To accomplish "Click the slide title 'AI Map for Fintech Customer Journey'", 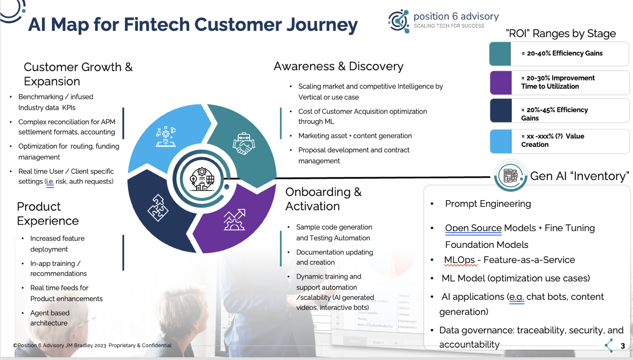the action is [x=193, y=25].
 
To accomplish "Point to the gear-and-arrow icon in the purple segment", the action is [x=234, y=219].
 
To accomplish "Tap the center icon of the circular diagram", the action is [x=201, y=179].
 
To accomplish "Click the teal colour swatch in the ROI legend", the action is [x=500, y=54].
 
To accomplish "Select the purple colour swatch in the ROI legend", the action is [x=500, y=83].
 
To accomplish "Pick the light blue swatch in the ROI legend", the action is [x=500, y=141].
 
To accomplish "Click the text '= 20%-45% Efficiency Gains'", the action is [x=554, y=114].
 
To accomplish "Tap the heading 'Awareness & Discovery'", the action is [x=338, y=67].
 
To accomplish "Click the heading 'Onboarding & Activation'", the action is [x=323, y=199].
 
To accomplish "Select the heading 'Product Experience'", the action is [x=48, y=213].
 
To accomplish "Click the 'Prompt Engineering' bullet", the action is [x=488, y=204].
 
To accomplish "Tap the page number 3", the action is [x=623, y=346].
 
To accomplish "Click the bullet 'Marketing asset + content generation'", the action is [x=355, y=136].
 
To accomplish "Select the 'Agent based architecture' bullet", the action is [x=50, y=318].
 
